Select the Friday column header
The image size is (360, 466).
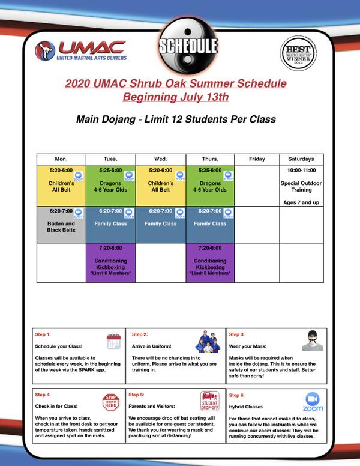click(256, 159)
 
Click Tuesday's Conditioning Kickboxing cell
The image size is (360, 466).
click(110, 261)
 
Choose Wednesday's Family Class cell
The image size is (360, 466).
click(160, 223)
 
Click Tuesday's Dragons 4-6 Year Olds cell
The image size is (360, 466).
click(110, 184)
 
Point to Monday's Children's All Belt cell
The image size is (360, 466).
click(61, 184)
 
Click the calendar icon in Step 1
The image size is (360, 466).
click(113, 341)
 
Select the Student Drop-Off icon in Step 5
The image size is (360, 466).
click(209, 400)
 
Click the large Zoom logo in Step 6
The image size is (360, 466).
click(312, 402)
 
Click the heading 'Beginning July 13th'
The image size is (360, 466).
click(176, 96)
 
